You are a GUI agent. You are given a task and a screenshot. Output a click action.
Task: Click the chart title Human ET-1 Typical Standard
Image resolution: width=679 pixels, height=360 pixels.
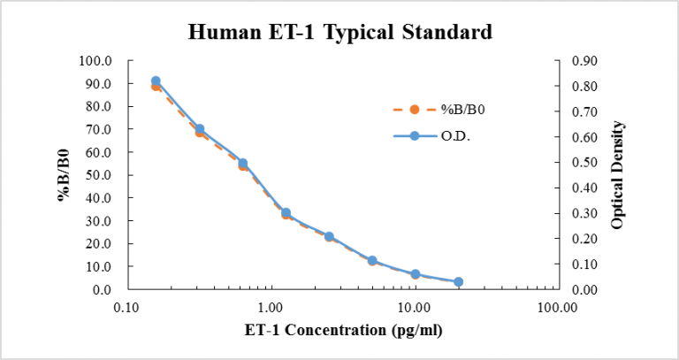coord(339,34)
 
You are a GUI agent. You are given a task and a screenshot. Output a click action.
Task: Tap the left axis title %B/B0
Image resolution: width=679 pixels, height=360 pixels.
coord(65,175)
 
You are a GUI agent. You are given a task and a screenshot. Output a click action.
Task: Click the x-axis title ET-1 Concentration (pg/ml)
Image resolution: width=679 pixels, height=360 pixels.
coord(343,331)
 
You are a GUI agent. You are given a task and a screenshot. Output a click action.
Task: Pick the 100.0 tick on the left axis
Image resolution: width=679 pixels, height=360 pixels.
coord(96,61)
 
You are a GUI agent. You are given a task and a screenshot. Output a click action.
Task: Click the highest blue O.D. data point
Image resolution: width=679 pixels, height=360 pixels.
coord(156,81)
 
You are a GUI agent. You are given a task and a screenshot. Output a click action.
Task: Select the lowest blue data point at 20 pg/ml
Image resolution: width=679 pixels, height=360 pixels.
coord(458,282)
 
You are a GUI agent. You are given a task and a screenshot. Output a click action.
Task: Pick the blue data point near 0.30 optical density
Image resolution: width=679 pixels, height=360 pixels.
coord(286,213)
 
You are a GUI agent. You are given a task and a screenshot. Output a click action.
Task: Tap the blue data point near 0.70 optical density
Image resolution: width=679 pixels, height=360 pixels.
coord(200,129)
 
